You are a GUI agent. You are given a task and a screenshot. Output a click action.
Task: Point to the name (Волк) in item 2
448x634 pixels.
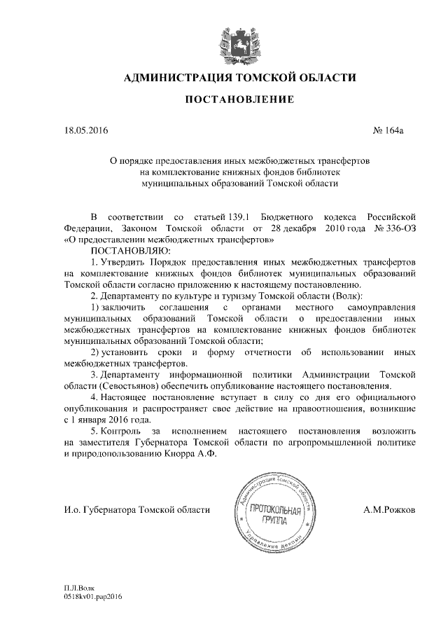342,296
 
